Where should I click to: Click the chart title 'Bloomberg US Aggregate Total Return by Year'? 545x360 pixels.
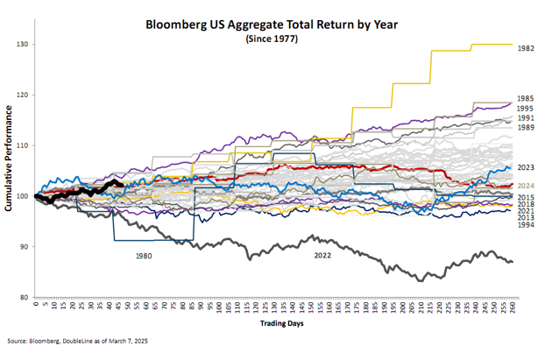272,25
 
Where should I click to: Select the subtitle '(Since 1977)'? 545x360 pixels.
272,39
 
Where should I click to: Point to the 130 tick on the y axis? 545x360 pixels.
23,45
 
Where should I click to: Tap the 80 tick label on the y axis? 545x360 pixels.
25,298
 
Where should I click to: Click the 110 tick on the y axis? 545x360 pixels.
23,145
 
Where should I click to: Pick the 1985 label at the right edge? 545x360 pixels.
527,99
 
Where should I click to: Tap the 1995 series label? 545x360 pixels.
527,108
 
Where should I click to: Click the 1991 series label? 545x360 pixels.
527,118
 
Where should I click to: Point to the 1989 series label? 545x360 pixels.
527,128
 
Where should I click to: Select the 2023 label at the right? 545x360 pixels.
527,167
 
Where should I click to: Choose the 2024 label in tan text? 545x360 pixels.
527,186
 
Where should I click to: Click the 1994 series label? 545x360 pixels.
527,225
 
